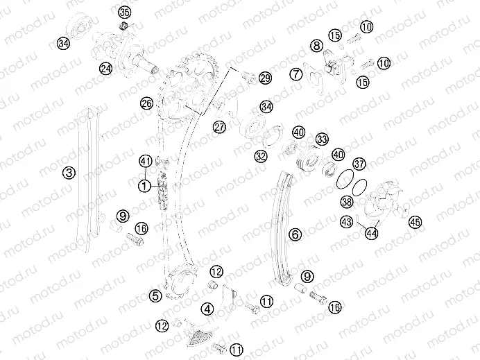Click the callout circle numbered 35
[x=125, y=13]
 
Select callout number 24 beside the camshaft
[x=106, y=69]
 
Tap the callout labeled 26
[x=146, y=103]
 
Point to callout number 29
[x=265, y=78]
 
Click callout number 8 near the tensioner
[x=316, y=46]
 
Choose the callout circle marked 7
[x=295, y=74]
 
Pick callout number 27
[x=219, y=127]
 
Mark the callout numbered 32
[x=261, y=157]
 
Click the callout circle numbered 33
[x=322, y=139]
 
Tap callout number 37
[x=359, y=164]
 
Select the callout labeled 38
[x=347, y=202]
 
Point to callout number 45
[x=415, y=222]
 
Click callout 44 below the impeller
[x=372, y=234]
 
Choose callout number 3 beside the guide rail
[x=69, y=173]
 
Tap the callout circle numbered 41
[x=146, y=162]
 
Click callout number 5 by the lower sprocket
[x=155, y=296]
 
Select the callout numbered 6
[x=295, y=234]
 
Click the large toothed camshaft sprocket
[x=188, y=89]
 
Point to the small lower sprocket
[x=180, y=282]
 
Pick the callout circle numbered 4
[x=207, y=309]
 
